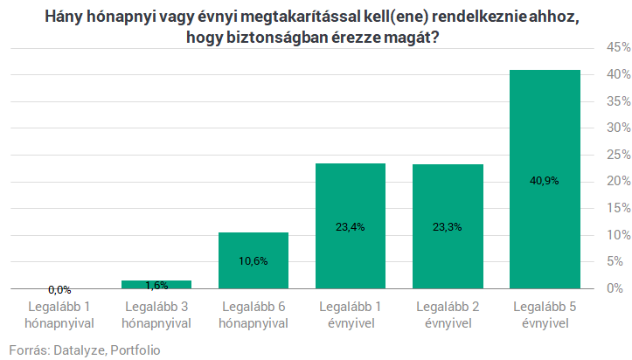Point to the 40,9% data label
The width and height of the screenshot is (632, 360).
tap(545, 181)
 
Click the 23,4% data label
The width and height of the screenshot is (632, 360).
tap(351, 226)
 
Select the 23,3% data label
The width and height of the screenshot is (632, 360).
tap(448, 226)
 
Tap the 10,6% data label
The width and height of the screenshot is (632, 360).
tap(253, 260)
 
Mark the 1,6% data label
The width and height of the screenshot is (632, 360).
tap(156, 285)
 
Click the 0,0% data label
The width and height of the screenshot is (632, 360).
tap(59, 289)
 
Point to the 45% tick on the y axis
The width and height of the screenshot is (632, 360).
tap(609, 47)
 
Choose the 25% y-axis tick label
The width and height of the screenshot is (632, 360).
tap(609, 155)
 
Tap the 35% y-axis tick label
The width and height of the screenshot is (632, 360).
tap(609, 101)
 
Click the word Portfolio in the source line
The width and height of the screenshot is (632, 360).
tap(135, 350)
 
